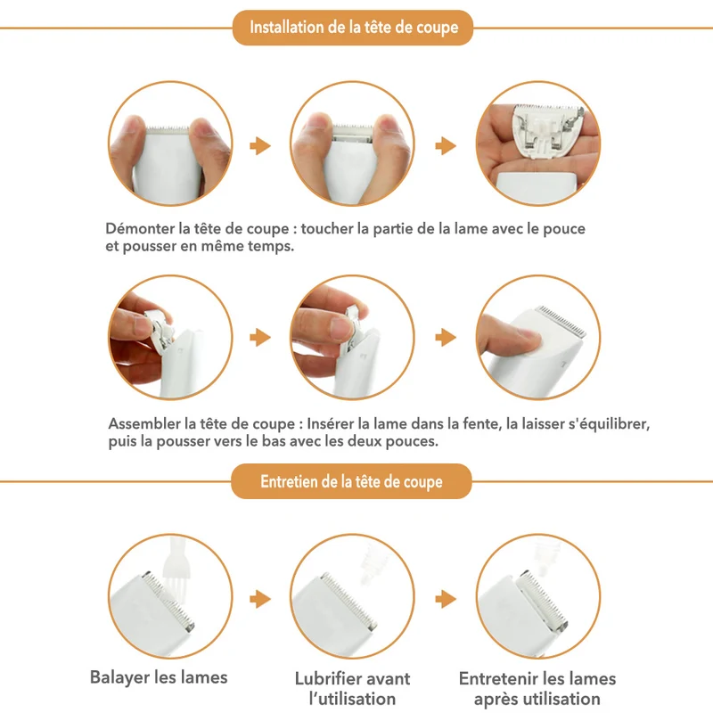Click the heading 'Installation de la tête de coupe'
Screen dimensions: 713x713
pos(354,28)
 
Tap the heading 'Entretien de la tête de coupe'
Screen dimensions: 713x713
pos(351,481)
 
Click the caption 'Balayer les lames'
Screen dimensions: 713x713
pos(159,677)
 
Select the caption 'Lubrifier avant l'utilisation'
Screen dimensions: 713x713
pos(352,688)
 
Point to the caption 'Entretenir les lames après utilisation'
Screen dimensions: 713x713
pos(537,688)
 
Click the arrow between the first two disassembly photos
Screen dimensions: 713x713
pos(260,145)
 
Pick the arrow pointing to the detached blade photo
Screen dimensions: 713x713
pos(446,145)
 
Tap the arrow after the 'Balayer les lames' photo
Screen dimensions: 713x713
pos(260,599)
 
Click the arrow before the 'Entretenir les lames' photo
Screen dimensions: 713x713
pos(446,599)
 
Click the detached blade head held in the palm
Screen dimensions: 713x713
pos(547,129)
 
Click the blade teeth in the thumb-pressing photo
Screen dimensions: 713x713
pos(561,321)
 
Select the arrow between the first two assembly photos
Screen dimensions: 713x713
pos(260,338)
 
